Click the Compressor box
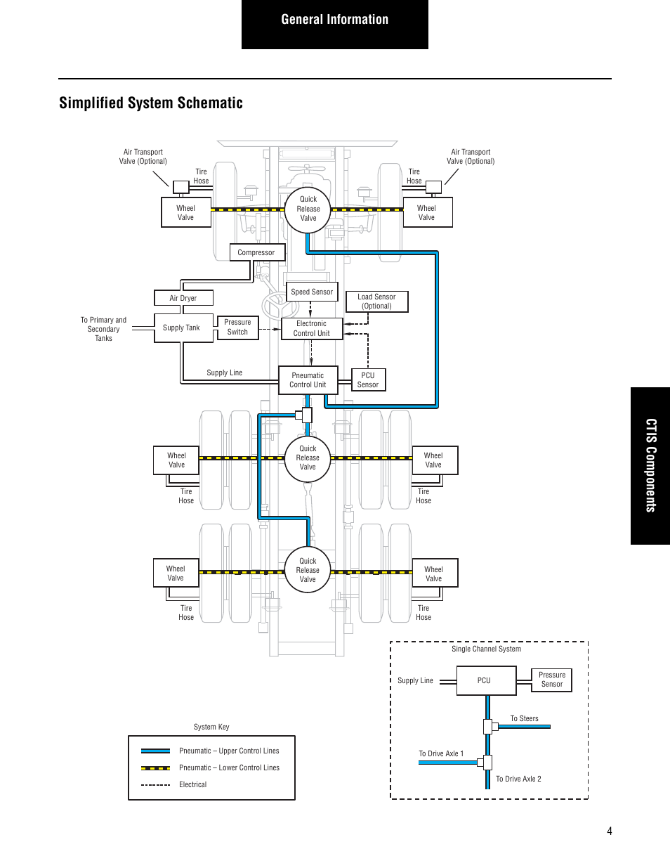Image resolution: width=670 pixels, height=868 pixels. click(257, 252)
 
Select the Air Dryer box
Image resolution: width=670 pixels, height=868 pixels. click(183, 298)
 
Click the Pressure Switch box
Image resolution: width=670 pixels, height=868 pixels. click(237, 328)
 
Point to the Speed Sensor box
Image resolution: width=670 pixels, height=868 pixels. click(312, 292)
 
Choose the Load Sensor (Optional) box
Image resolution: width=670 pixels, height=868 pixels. click(376, 302)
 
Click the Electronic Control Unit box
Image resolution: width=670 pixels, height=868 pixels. click(311, 329)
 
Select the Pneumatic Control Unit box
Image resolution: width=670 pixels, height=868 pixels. click(308, 380)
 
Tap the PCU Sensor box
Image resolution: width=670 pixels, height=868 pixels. click(368, 380)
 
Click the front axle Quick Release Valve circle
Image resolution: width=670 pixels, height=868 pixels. click(308, 209)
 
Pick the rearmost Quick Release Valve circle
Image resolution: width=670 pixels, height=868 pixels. click(308, 570)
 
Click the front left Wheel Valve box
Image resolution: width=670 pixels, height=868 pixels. click(185, 213)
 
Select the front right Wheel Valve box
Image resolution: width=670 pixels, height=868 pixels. click(427, 213)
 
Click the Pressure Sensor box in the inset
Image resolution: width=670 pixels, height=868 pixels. click(551, 680)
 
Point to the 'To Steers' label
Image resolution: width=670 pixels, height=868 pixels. click(524, 718)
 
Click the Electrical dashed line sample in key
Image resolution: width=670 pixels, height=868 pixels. click(155, 785)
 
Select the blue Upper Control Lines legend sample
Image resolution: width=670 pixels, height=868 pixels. click(155, 751)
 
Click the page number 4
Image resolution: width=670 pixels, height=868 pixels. click(610, 831)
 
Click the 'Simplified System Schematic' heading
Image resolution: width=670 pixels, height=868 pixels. click(151, 103)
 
